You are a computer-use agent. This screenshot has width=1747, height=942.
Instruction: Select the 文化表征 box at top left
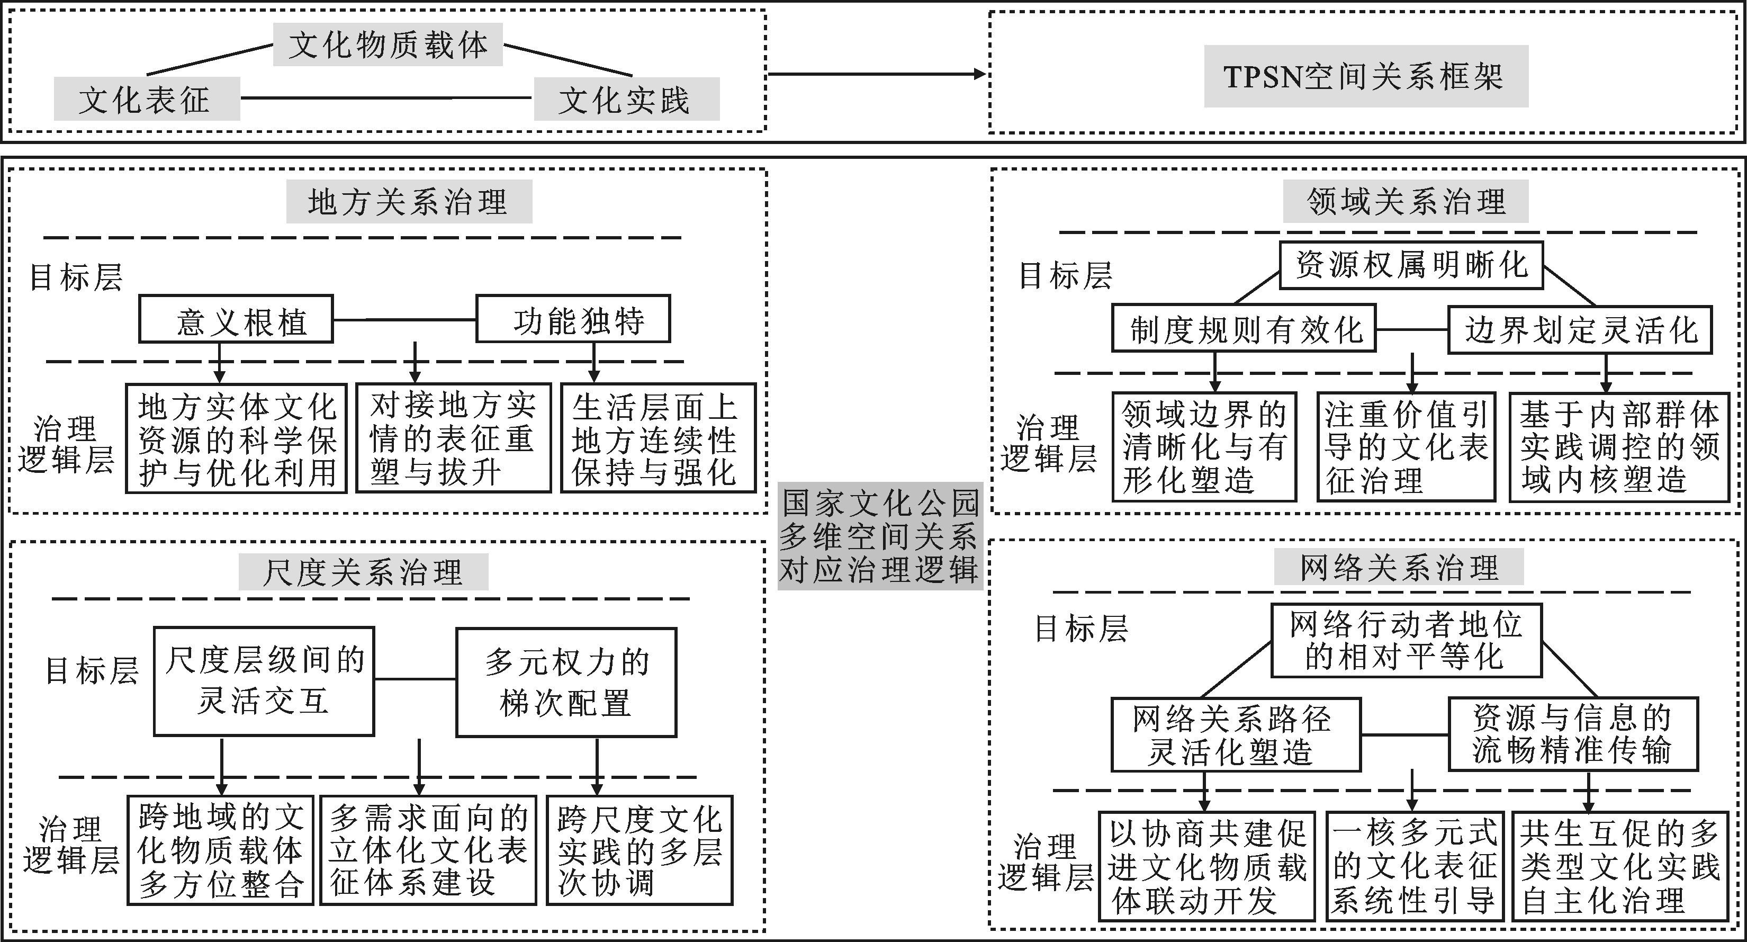[x=147, y=99]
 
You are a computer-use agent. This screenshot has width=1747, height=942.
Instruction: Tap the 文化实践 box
[x=626, y=99]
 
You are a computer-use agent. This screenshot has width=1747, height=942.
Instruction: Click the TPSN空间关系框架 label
[x=1365, y=76]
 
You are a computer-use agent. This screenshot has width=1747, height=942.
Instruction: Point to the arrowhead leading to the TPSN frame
[x=980, y=74]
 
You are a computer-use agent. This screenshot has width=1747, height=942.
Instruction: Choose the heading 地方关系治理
[x=408, y=201]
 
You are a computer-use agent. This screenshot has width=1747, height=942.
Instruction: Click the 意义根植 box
[x=236, y=319]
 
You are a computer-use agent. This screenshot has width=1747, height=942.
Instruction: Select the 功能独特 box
[x=573, y=319]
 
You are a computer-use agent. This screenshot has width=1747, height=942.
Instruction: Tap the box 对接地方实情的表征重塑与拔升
[x=453, y=438]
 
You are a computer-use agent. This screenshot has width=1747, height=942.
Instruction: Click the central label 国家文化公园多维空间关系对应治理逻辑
[x=880, y=536]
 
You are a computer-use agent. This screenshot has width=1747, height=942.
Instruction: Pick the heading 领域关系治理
[x=1405, y=201]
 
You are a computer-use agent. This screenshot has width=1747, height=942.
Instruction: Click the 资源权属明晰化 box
[x=1411, y=265]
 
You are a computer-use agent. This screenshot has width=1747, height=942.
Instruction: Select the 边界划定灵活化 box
[x=1580, y=329]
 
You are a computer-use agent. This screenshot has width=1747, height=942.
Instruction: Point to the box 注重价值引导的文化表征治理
[x=1406, y=447]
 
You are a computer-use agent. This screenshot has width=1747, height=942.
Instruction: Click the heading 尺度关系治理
[x=363, y=572]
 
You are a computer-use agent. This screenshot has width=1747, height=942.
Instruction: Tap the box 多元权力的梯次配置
[x=566, y=681]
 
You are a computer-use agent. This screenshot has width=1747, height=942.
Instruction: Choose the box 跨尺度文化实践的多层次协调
[x=640, y=850]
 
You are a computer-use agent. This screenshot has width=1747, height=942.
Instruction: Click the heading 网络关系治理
[x=1399, y=567]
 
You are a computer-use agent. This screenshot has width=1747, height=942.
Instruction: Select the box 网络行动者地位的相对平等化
[x=1406, y=641]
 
